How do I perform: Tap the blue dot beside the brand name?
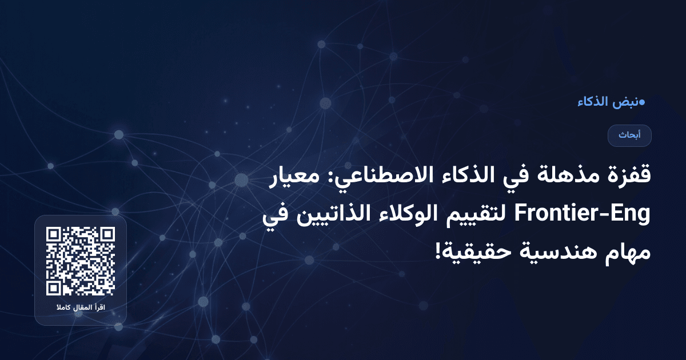pyautogui.click(x=641, y=102)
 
